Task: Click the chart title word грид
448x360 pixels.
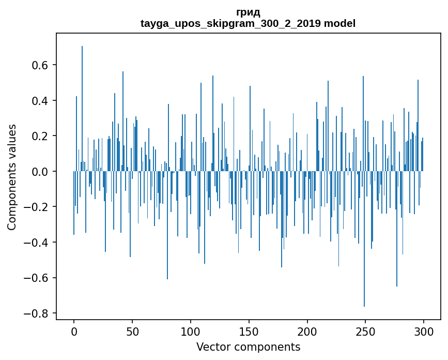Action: click(x=248, y=12)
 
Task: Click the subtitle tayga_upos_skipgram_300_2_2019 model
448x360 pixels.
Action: click(x=248, y=23)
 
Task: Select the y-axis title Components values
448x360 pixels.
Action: click(x=12, y=177)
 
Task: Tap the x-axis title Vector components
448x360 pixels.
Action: click(x=248, y=347)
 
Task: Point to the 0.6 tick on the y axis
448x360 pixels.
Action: click(x=40, y=65)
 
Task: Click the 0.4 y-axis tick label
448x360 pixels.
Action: click(x=40, y=100)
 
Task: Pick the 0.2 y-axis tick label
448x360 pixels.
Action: click(x=40, y=136)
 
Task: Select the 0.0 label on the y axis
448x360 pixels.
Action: click(x=40, y=171)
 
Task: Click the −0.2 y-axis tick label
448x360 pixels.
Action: click(x=37, y=207)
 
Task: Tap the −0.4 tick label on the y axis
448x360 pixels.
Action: click(x=37, y=242)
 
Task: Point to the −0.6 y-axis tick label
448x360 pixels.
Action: click(x=37, y=278)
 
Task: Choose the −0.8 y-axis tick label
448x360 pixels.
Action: click(x=37, y=313)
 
